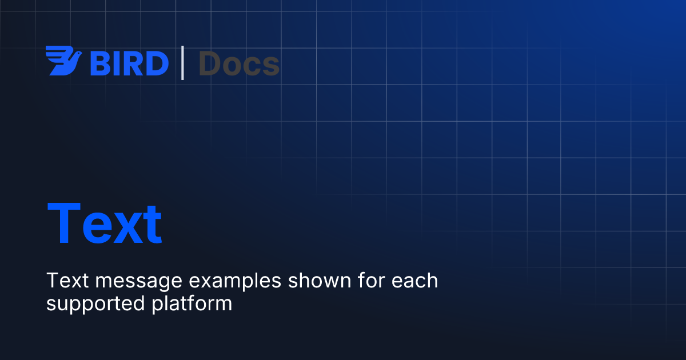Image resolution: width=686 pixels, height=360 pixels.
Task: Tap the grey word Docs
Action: (239, 63)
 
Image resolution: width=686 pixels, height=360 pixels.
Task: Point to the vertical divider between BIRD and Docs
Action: (183, 63)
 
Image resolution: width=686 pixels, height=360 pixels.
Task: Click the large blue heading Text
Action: (104, 223)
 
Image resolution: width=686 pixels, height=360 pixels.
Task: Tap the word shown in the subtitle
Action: (314, 281)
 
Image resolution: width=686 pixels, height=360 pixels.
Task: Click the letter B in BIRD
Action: (99, 63)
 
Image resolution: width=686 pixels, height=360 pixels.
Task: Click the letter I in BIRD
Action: (115, 63)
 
